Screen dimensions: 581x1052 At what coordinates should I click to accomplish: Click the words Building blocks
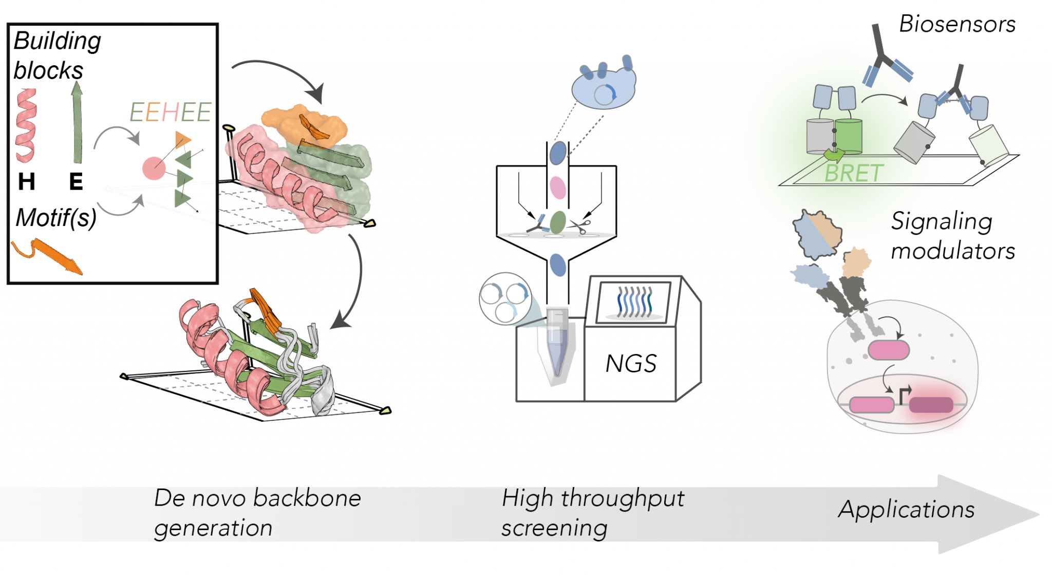click(57, 55)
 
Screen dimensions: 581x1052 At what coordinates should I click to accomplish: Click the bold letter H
click(27, 182)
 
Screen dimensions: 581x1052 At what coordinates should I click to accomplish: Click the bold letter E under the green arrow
click(76, 182)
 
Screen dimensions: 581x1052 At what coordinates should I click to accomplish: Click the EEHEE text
click(170, 113)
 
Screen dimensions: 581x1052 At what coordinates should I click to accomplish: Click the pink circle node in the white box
click(154, 168)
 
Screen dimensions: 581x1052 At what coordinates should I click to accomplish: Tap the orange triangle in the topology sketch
click(182, 139)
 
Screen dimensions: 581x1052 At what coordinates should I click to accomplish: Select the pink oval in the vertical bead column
click(558, 188)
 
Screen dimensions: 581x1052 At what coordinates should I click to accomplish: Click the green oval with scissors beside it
click(558, 223)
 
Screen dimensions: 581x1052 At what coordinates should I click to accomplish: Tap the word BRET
click(854, 173)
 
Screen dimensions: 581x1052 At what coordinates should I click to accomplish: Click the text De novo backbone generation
click(257, 513)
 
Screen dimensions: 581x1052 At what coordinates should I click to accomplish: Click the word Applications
click(906, 510)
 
